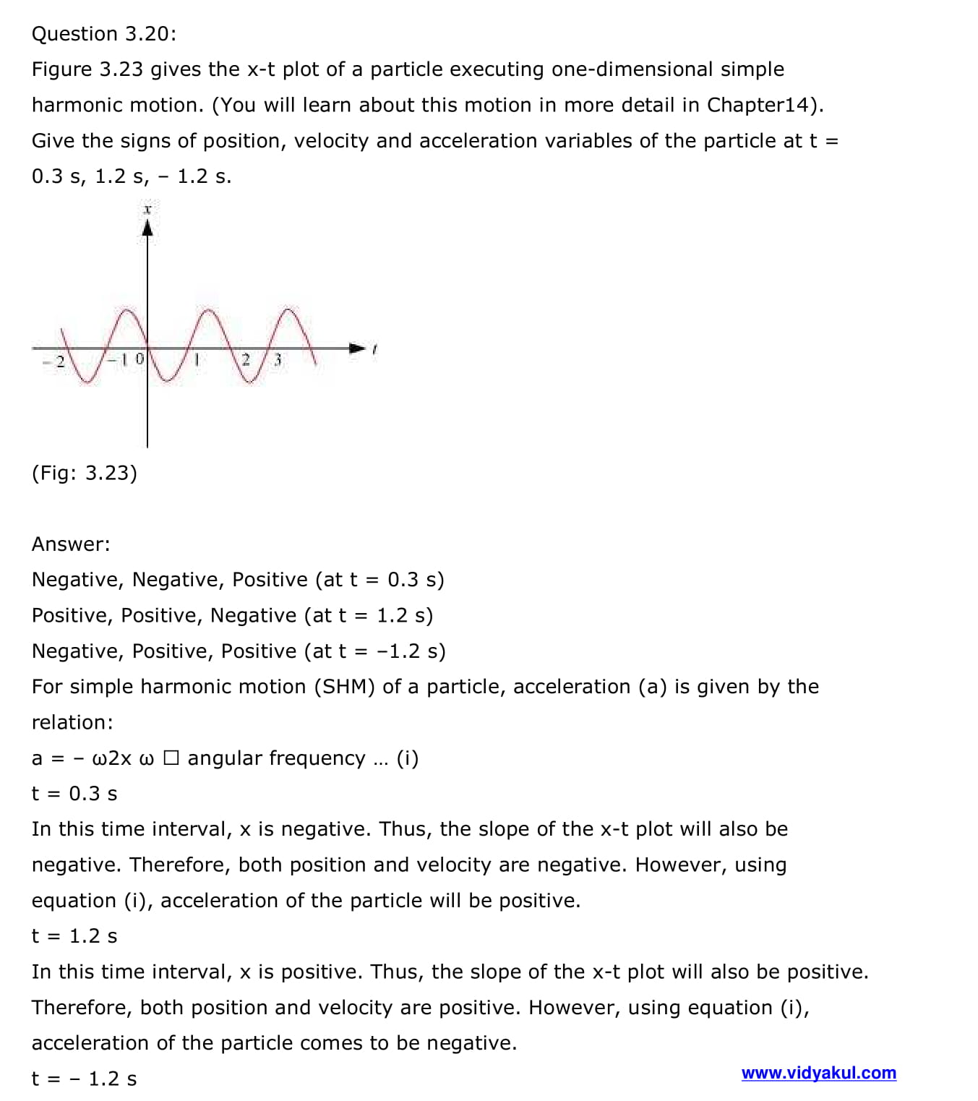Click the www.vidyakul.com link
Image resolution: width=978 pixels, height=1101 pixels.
tap(818, 1073)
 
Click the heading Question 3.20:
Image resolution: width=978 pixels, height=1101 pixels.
tap(104, 34)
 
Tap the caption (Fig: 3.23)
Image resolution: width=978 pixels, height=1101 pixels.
tap(84, 473)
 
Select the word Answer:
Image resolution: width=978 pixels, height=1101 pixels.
tap(71, 544)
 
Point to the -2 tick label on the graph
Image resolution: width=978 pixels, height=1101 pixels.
tap(54, 361)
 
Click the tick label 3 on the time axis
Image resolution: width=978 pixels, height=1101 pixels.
tap(277, 359)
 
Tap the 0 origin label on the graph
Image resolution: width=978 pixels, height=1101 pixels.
tap(140, 359)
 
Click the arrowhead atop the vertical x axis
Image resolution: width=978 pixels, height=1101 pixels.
tap(147, 228)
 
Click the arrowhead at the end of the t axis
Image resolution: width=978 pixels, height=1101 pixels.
tap(357, 348)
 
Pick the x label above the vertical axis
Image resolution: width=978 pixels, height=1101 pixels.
tap(147, 210)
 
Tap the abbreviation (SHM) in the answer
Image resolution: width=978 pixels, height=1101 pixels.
tap(344, 687)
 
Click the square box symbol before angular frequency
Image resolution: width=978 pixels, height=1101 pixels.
tap(171, 758)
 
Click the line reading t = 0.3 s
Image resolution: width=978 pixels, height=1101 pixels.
tap(74, 794)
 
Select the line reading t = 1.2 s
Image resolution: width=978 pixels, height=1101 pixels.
tap(74, 936)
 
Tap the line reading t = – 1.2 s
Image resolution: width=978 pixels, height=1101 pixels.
tap(84, 1079)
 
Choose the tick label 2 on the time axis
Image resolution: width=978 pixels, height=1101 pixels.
tap(246, 359)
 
